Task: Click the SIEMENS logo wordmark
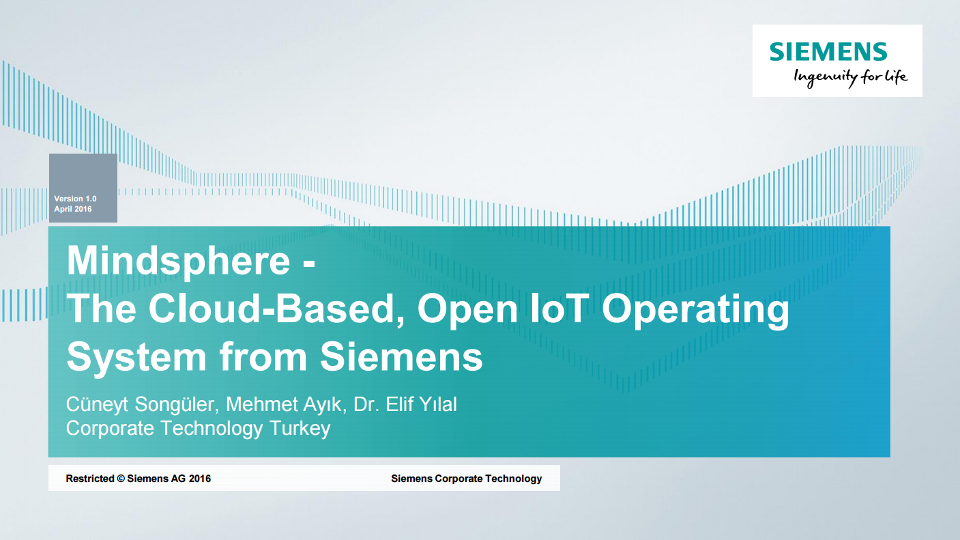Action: click(x=828, y=51)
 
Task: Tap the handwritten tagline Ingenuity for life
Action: click(x=850, y=78)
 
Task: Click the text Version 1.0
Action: click(x=75, y=199)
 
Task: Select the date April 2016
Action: click(x=73, y=209)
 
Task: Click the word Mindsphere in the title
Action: click(x=178, y=261)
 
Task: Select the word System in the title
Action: click(x=136, y=357)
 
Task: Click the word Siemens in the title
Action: click(x=402, y=356)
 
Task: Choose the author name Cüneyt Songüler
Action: click(x=143, y=404)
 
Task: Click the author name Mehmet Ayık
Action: click(x=287, y=404)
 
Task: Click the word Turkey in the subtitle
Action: click(x=300, y=428)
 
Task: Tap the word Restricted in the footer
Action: click(x=90, y=479)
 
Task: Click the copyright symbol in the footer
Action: click(x=121, y=479)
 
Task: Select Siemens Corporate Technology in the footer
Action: click(x=466, y=479)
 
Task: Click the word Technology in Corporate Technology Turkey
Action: click(x=212, y=428)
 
